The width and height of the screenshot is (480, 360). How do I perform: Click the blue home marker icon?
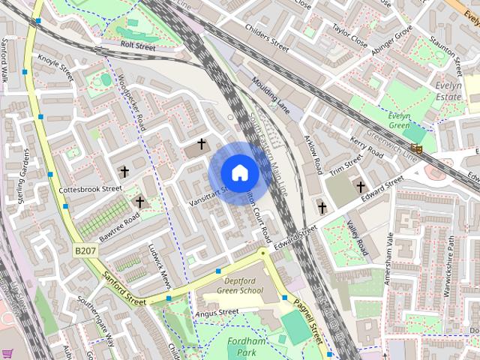(x=239, y=172)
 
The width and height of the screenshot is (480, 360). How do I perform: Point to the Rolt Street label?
(x=137, y=47)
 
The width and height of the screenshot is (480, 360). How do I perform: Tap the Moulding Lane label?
(x=271, y=94)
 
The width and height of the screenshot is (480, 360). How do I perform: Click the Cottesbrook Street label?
(x=90, y=189)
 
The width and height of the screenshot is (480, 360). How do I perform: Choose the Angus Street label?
(x=217, y=312)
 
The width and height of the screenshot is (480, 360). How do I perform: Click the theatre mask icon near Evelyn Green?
(x=418, y=148)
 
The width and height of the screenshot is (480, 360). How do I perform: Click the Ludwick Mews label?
(x=160, y=265)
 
